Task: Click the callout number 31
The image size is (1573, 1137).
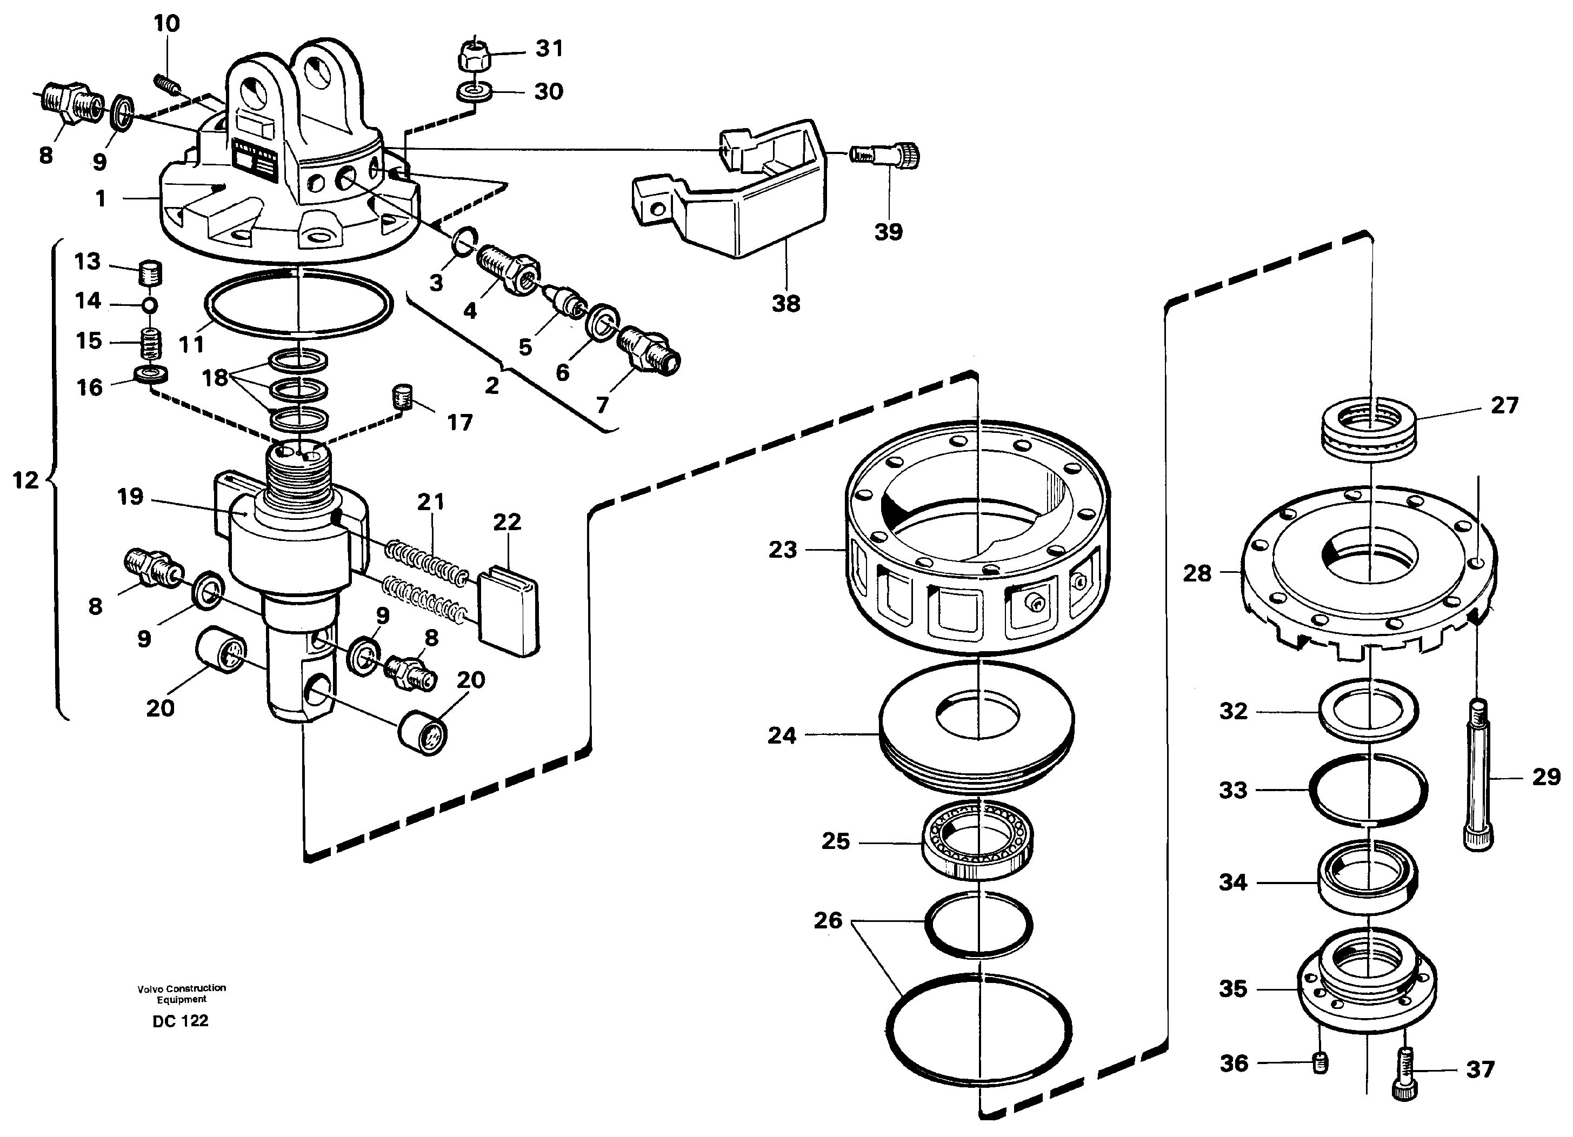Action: [549, 49]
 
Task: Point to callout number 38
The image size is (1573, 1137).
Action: [786, 304]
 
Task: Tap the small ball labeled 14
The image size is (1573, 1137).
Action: [150, 305]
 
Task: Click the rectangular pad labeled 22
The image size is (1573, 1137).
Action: [509, 610]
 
